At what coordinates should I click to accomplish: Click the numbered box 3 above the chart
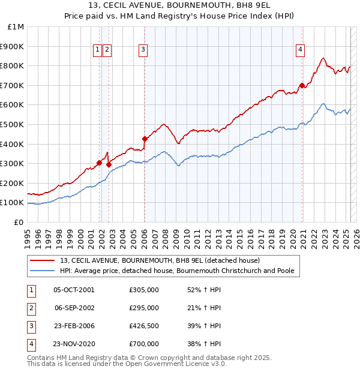(143, 50)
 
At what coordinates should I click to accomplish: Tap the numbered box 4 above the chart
(299, 50)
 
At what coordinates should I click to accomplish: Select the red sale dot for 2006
(145, 139)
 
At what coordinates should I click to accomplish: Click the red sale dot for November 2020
(302, 85)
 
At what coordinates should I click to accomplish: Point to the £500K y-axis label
(12, 124)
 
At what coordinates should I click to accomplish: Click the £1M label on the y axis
(16, 26)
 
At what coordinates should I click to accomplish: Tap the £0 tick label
(19, 222)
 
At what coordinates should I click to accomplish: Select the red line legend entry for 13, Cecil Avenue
(160, 260)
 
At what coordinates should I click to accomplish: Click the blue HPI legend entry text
(177, 271)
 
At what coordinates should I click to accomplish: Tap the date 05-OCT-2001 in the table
(74, 290)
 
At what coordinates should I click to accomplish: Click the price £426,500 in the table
(144, 326)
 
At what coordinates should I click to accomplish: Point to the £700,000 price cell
(144, 344)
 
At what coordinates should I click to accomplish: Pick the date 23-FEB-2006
(74, 326)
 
